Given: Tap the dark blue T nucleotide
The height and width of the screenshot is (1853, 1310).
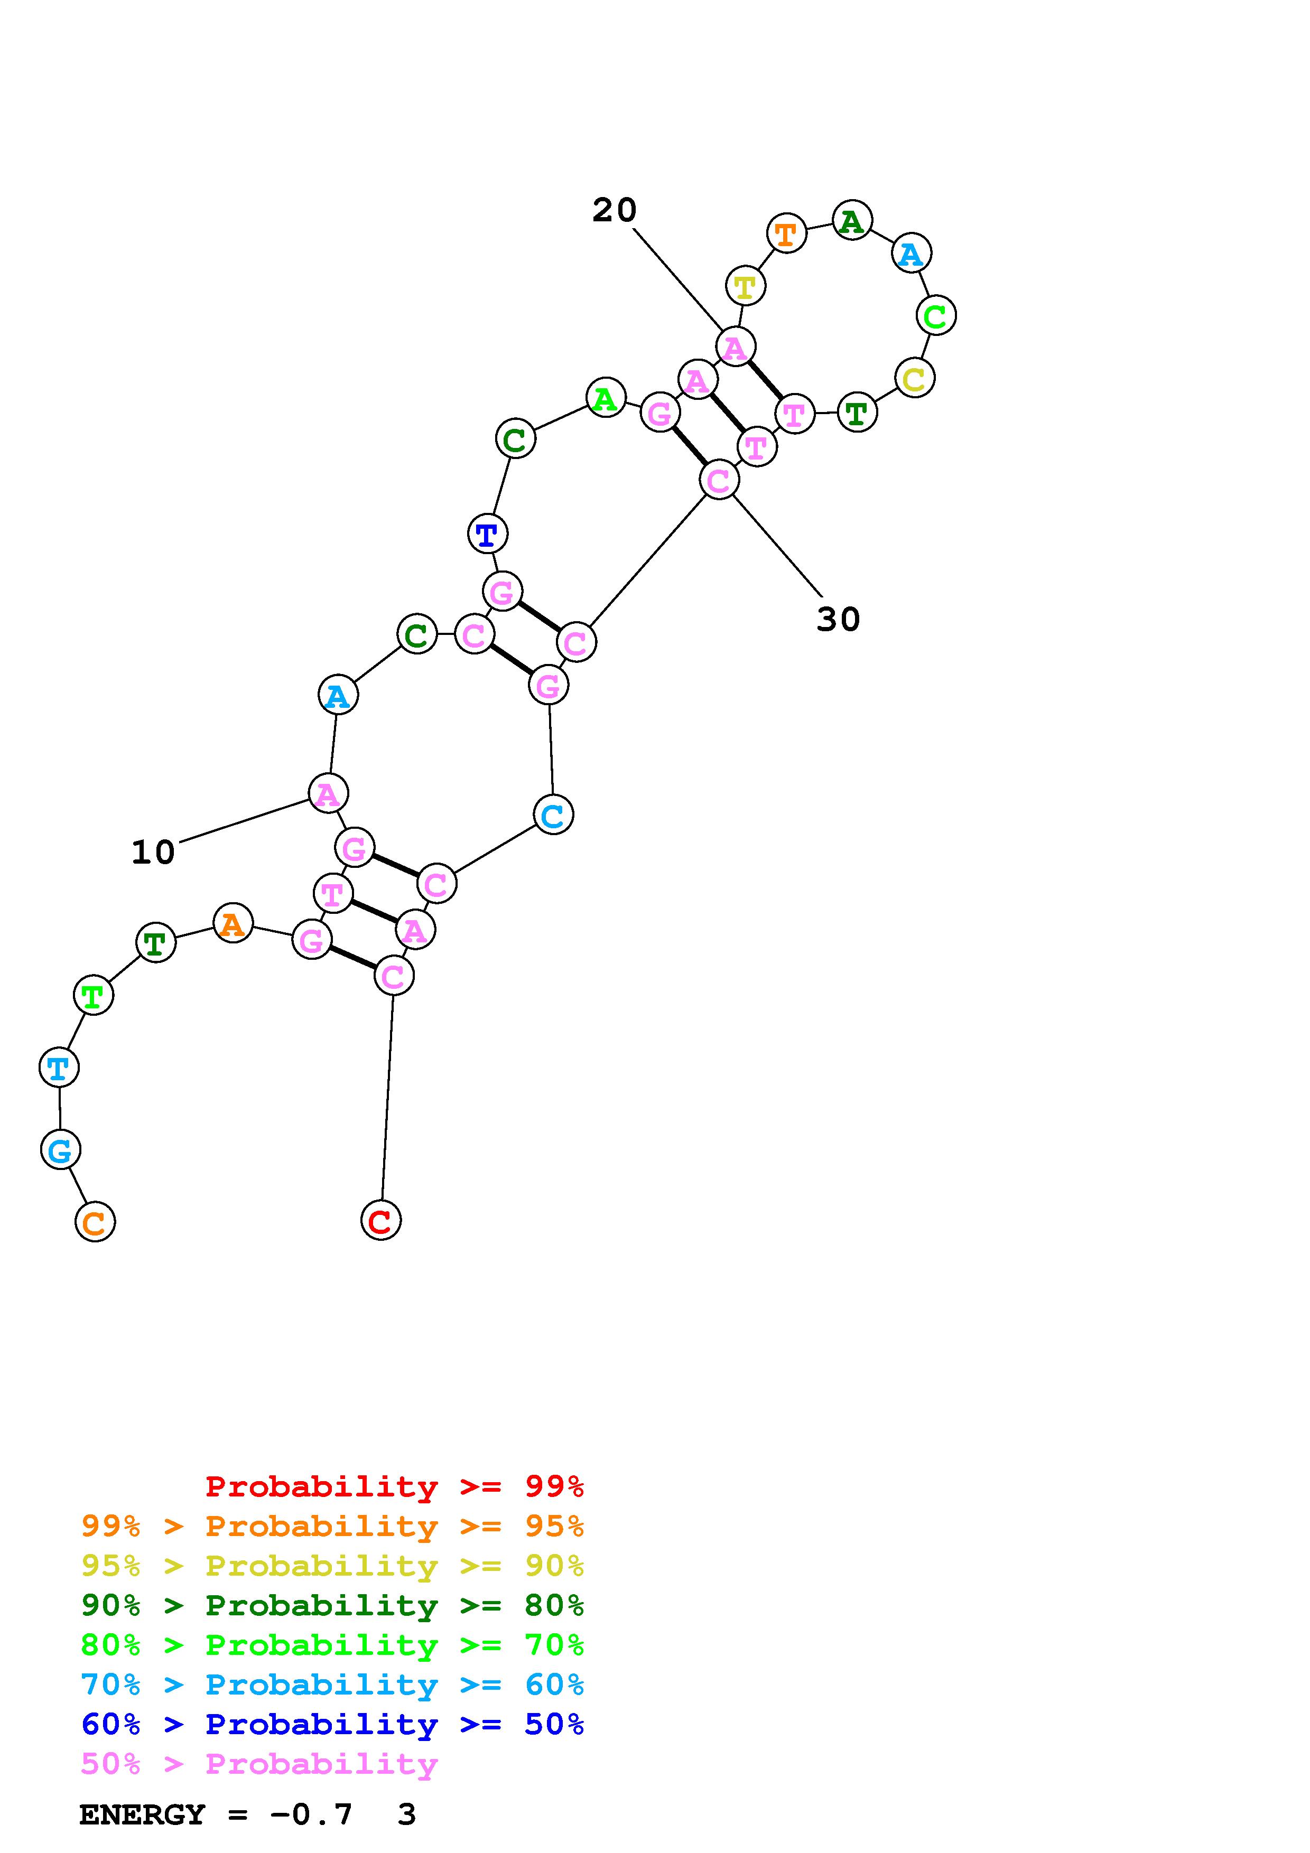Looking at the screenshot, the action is coord(487,534).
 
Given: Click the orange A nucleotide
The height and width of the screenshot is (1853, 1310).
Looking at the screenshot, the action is coord(233,923).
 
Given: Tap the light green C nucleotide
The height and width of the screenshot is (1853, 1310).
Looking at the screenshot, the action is coord(935,315).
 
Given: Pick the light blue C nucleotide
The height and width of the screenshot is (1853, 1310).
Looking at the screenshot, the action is coord(553,815).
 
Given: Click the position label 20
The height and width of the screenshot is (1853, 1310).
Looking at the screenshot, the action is coord(614,211).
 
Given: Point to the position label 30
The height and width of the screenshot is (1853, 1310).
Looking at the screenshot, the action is coord(838,620).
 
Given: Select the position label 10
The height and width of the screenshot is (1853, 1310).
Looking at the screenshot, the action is coord(153,852).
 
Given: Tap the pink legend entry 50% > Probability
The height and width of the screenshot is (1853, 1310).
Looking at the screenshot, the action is coord(258,1763).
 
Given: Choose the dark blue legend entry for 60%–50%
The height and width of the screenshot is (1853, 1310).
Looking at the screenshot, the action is coord(332,1724).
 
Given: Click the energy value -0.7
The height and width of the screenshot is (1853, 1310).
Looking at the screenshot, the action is coord(312,1815).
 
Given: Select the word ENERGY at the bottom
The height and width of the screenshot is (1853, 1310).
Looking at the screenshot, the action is coord(142,1815).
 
